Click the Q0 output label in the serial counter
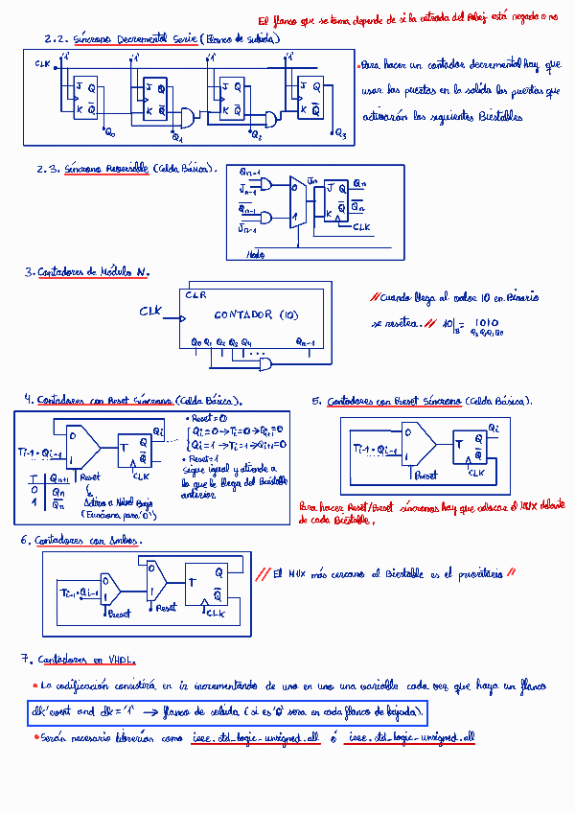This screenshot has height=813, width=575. click(109, 132)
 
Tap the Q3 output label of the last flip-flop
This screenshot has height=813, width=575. click(341, 133)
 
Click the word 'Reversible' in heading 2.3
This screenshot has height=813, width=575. click(122, 169)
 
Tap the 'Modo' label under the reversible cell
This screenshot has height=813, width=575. click(256, 254)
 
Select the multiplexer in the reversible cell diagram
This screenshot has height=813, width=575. click(299, 204)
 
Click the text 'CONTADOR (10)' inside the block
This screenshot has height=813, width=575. click(256, 314)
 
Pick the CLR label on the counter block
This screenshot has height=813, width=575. click(195, 295)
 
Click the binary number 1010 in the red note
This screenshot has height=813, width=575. click(486, 322)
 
